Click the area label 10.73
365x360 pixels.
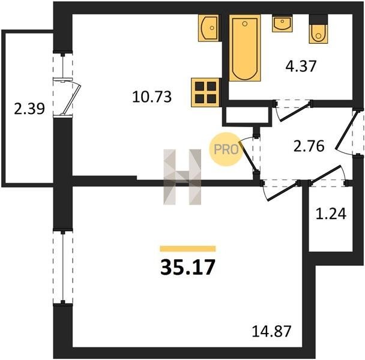click(152, 97)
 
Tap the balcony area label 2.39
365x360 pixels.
click(29, 109)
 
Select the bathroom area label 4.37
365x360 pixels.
click(301, 66)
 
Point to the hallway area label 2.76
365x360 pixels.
click(309, 146)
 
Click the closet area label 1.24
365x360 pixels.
click(331, 214)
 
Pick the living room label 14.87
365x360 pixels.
click(272, 331)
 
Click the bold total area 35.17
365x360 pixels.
click(187, 268)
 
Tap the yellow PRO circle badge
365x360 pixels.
click(226, 149)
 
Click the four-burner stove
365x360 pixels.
click(205, 92)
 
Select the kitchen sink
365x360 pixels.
click(208, 28)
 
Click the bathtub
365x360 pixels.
click(245, 48)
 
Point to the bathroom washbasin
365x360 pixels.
click(282, 23)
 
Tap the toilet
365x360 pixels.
click(318, 29)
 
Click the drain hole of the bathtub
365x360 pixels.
click(245, 24)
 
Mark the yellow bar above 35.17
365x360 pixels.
click(188, 249)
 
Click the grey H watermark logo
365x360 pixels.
click(182, 177)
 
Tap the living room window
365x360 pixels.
click(62, 267)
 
